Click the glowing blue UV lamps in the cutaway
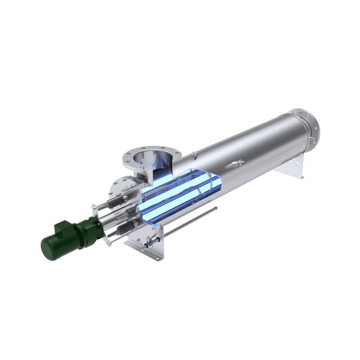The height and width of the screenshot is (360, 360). coord(180,193)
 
